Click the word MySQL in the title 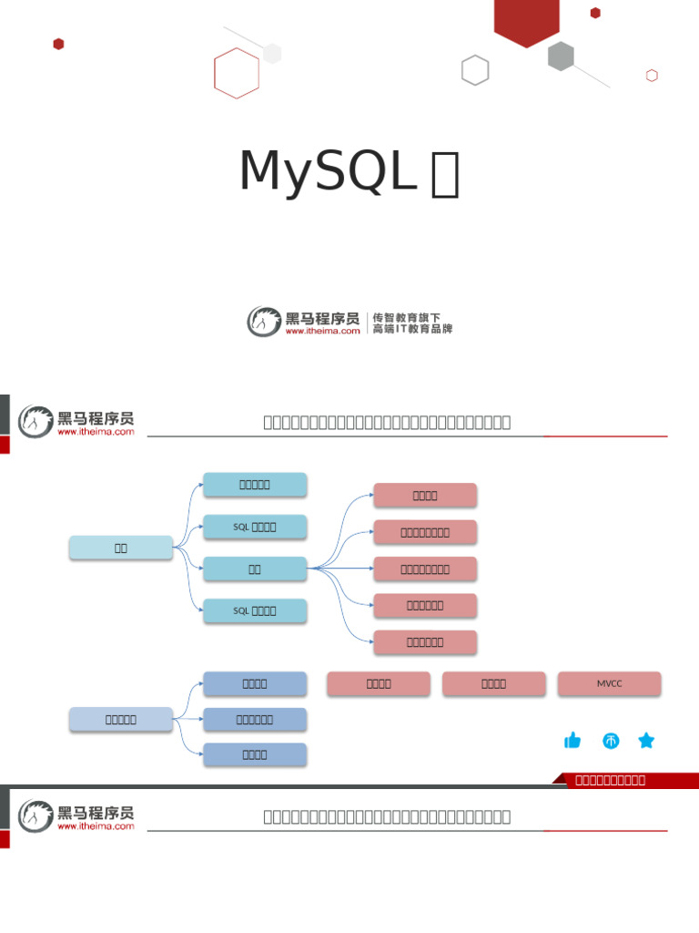point(327,170)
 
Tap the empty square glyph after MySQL point(445,176)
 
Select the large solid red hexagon point(526,20)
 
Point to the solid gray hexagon point(561,56)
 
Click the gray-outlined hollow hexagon point(475,70)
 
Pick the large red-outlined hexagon point(237,73)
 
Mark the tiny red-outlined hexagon point(652,76)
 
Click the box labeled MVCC point(609,683)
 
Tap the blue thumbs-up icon point(572,741)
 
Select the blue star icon point(646,741)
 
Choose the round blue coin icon point(611,741)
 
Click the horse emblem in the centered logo point(264,322)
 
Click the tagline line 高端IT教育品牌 point(411,329)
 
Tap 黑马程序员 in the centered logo point(322,318)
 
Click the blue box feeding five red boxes point(255,569)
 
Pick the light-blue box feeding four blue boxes point(121,548)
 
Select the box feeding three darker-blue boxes point(121,719)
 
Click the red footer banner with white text point(624,780)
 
